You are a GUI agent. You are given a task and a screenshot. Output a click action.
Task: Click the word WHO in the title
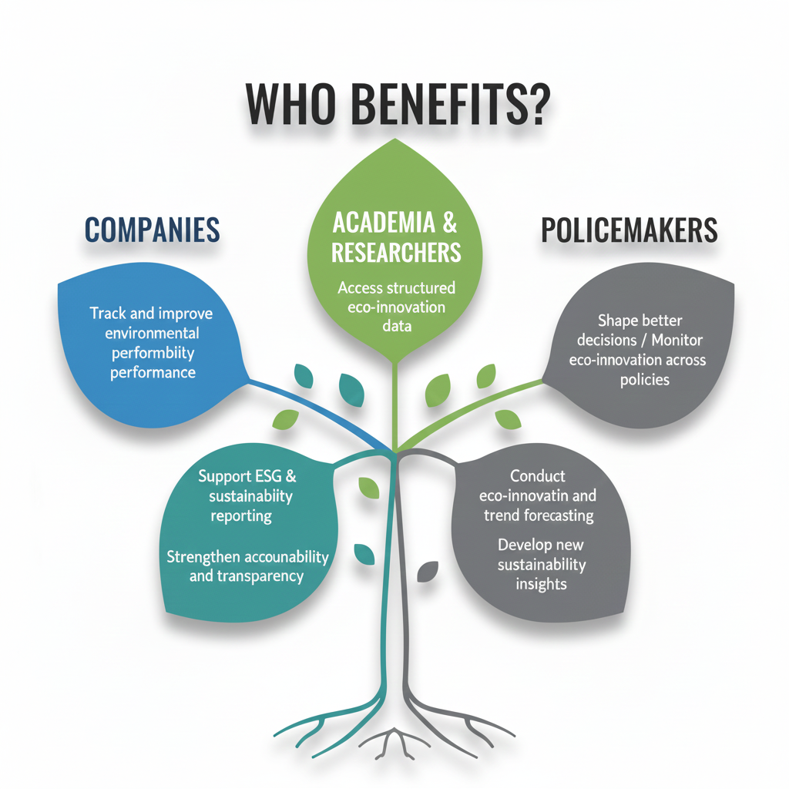point(290,104)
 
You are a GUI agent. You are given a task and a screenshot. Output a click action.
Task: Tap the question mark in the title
point(537,104)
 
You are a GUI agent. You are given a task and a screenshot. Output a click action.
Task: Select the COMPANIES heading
point(152,230)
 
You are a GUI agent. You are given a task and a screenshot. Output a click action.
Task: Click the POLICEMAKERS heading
point(629,230)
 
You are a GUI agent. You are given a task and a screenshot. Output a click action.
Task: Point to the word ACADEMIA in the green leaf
point(384,223)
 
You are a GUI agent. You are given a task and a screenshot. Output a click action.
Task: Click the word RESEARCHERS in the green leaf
point(396,252)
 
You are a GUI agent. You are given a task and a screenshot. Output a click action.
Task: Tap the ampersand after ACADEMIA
point(450,223)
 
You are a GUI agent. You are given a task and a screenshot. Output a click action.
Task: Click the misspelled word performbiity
point(153,353)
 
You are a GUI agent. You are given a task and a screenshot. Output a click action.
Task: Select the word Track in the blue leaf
point(108,313)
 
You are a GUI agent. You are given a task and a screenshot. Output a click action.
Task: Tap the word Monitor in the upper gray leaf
point(677,340)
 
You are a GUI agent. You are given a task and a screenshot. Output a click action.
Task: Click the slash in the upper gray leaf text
point(643,340)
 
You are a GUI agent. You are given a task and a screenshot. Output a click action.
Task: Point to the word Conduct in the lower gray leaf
point(537,475)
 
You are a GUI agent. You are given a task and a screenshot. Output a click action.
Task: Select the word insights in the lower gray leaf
point(541,584)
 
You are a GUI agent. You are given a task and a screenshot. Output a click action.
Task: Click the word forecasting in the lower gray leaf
point(559,515)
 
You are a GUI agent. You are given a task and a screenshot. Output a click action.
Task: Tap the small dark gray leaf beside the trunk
point(427,572)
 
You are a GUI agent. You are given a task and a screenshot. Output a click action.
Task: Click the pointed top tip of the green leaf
point(395,139)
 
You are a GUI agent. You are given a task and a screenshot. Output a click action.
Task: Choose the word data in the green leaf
point(397,326)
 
